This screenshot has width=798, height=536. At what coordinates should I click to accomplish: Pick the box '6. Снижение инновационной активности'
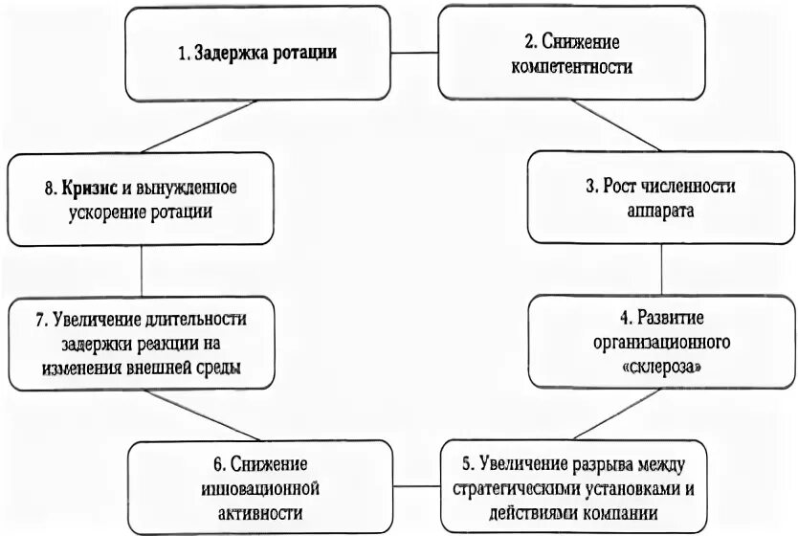point(261,488)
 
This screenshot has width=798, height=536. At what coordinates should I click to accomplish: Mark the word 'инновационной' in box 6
point(260,488)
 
